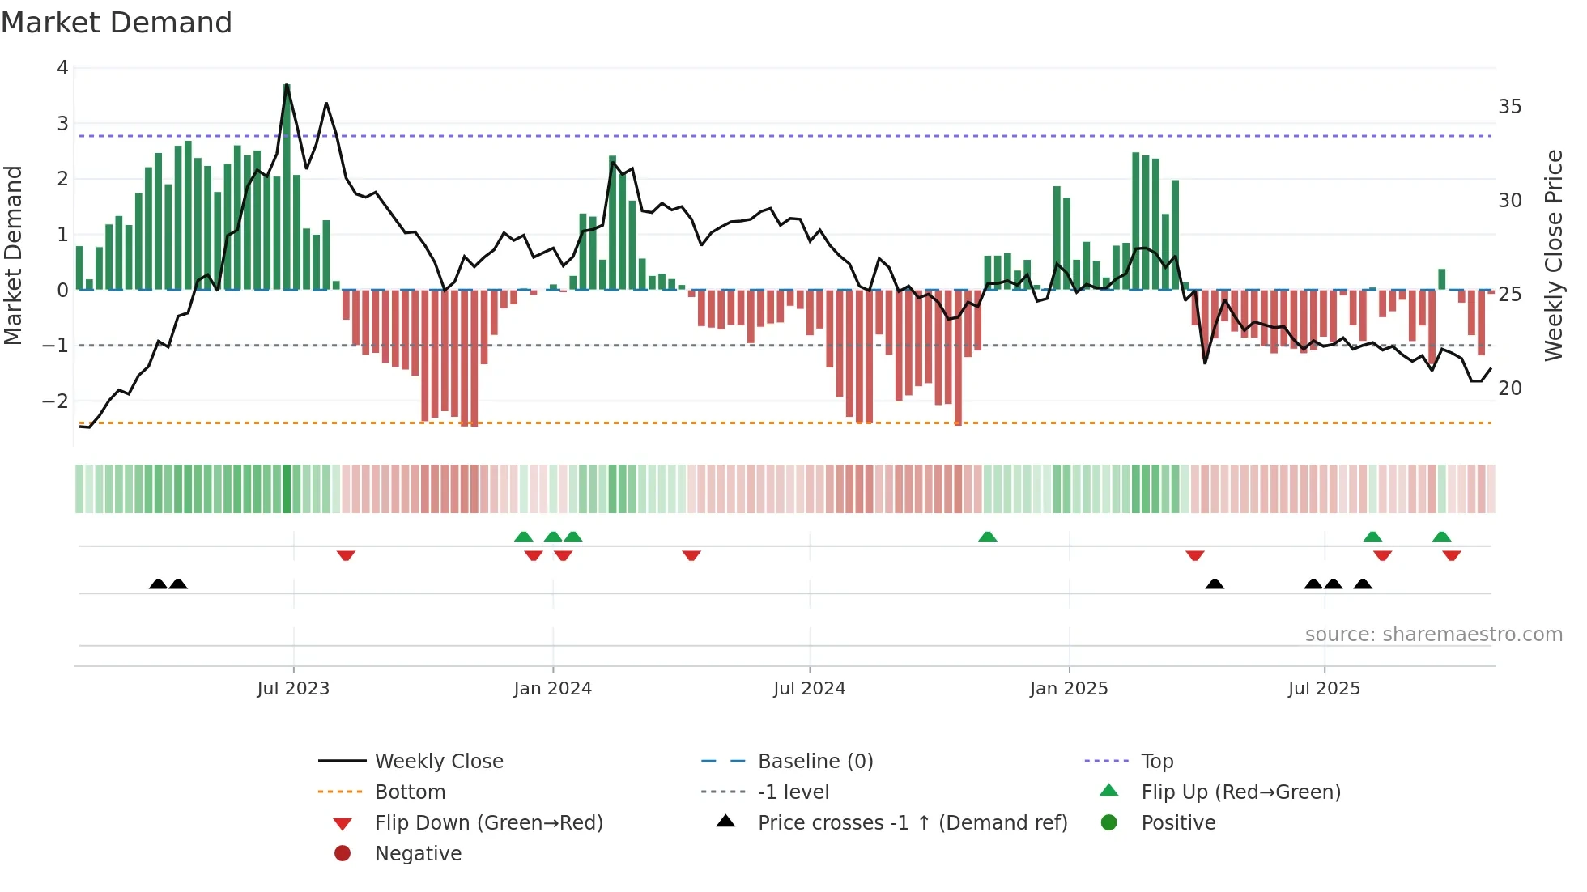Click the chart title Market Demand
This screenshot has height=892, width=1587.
(117, 23)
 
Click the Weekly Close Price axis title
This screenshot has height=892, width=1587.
(1553, 255)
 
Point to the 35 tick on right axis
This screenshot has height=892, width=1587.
(1509, 107)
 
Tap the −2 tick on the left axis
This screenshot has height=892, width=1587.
(55, 401)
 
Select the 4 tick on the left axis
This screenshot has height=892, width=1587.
(62, 68)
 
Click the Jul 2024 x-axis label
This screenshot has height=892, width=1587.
(809, 689)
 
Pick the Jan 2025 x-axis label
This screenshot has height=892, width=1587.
(1068, 689)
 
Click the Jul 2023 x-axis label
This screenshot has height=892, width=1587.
(293, 689)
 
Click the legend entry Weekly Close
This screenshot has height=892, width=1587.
(438, 762)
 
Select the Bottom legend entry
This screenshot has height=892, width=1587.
(410, 792)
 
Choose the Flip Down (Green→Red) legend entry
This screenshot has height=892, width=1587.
(488, 823)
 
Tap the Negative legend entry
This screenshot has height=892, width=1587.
(418, 854)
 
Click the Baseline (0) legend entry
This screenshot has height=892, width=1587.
(815, 762)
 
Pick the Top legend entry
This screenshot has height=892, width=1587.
(1156, 762)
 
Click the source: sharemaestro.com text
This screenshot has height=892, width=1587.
(1433, 635)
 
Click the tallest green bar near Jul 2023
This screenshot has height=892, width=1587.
(287, 186)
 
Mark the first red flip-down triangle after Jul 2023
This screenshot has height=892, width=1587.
(346, 556)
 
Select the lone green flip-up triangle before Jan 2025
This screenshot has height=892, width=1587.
(987, 537)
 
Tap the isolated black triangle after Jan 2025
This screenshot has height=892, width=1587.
(1215, 584)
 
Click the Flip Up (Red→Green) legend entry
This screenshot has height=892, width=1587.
(1240, 792)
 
